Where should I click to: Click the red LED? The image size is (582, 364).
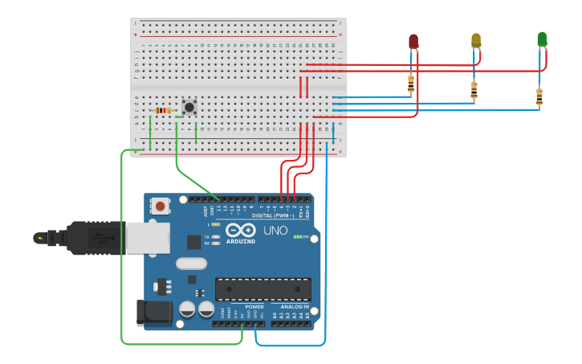tap(413, 41)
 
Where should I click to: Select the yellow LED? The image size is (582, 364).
tap(476, 40)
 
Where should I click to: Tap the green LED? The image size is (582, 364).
tap(542, 39)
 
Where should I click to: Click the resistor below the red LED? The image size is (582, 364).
tap(411, 83)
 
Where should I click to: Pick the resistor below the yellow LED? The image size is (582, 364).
tap(474, 90)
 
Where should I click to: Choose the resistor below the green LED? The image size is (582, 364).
tap(539, 96)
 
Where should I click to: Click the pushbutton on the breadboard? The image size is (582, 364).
tap(189, 107)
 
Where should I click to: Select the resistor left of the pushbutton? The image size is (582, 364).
tap(164, 110)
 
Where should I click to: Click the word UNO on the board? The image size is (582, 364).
tap(275, 231)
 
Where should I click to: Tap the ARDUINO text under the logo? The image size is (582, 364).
tap(240, 241)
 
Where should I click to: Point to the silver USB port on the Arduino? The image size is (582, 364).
tap(149, 238)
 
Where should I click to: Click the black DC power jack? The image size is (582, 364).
tap(154, 313)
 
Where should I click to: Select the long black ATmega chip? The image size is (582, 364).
tap(263, 289)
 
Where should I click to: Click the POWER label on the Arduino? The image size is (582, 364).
tap(254, 307)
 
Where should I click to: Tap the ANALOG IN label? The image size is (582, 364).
tap(295, 307)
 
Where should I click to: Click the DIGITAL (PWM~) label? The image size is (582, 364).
tap(272, 215)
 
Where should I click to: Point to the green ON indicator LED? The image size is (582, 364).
tap(298, 237)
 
